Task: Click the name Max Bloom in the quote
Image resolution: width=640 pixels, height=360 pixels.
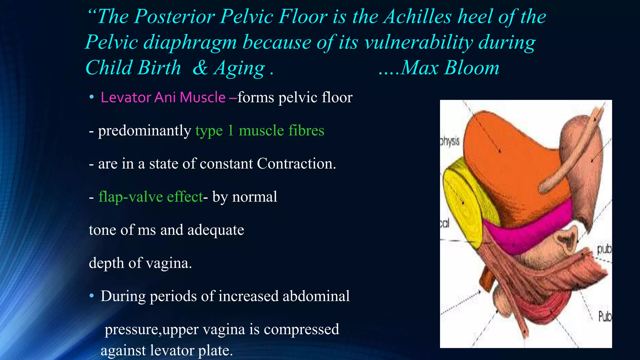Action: tap(450, 67)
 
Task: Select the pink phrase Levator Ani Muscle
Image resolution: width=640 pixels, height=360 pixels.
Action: tap(163, 97)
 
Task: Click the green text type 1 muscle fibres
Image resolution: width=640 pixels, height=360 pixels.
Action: tap(260, 131)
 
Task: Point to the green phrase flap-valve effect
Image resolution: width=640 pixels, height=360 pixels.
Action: tap(151, 197)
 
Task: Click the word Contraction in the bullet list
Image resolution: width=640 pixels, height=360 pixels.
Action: tap(296, 164)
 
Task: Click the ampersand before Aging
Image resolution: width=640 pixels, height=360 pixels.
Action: tap(200, 67)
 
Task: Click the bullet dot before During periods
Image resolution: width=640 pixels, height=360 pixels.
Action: tap(92, 296)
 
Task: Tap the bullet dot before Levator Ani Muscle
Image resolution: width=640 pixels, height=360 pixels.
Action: tap(92, 97)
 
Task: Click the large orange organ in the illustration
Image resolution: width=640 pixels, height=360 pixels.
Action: tap(512, 162)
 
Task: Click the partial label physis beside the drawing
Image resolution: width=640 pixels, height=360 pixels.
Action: tap(450, 141)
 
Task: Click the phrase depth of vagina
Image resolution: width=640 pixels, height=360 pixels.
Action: tap(140, 263)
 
